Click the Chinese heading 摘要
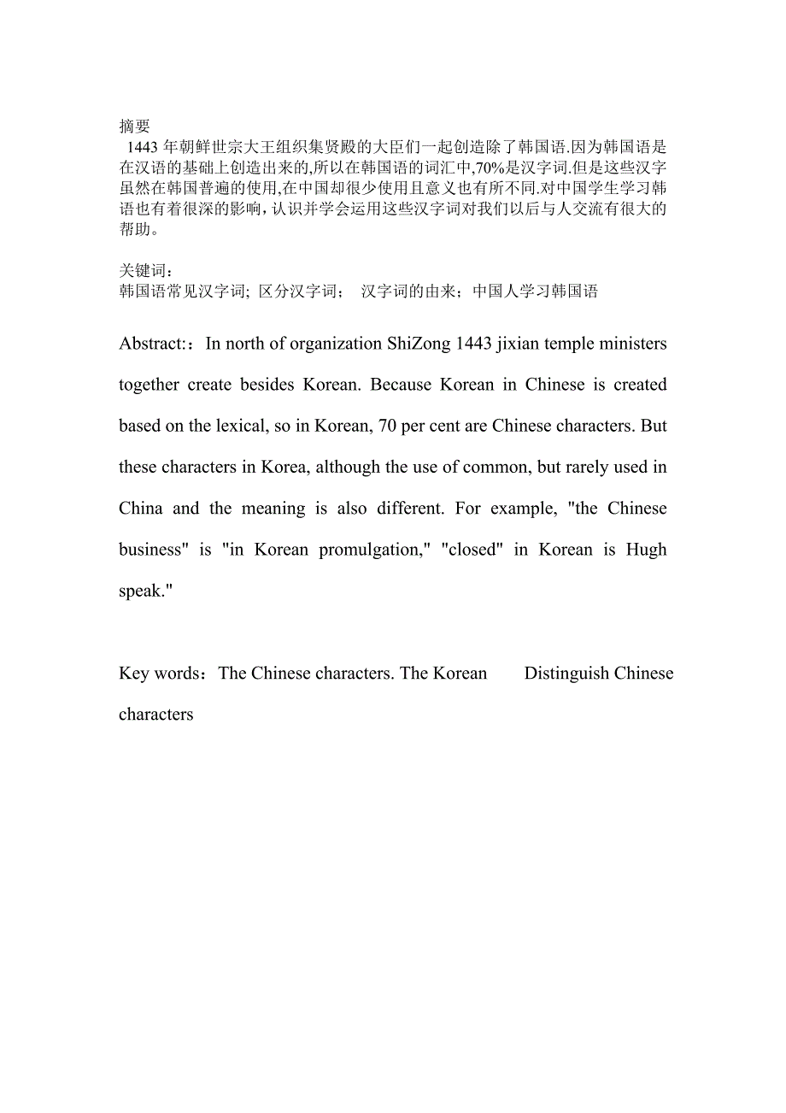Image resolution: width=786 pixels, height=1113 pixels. pyautogui.click(x=136, y=127)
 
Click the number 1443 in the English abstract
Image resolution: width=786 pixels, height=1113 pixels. pyautogui.click(x=473, y=344)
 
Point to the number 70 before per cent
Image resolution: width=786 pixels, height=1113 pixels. pyautogui.click(x=386, y=427)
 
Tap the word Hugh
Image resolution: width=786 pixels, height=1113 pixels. pyautogui.click(x=646, y=550)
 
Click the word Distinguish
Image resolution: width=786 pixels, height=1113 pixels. pyautogui.click(x=566, y=674)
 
